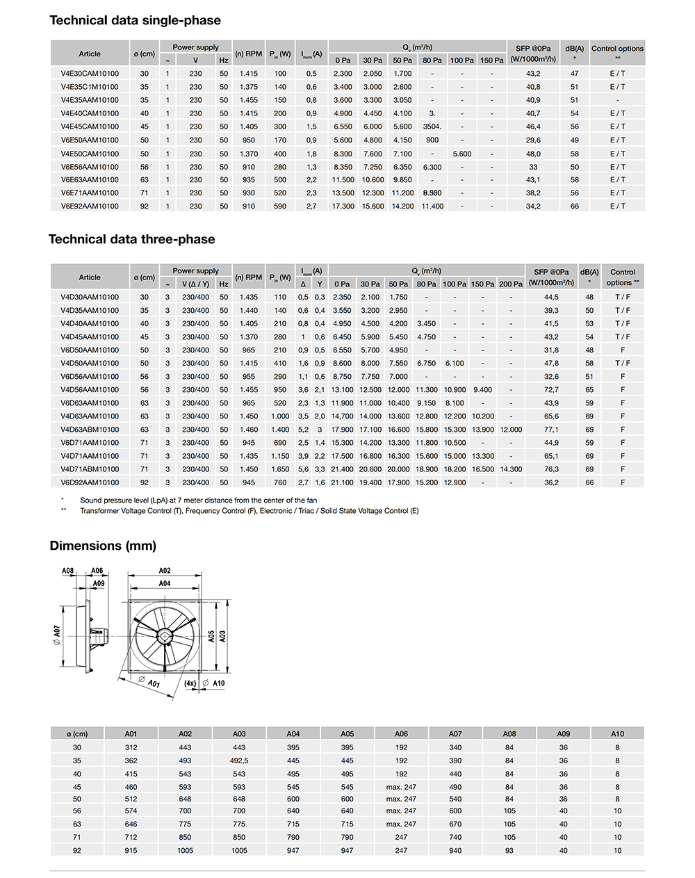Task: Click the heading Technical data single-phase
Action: (135, 21)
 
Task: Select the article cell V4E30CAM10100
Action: (90, 74)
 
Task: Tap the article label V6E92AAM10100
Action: (90, 206)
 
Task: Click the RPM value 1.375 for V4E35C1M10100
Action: (248, 87)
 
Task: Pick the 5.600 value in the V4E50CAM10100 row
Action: (461, 154)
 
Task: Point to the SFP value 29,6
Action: (533, 140)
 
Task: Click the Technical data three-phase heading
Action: (132, 240)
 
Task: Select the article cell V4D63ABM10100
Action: (90, 430)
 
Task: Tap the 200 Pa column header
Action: (510, 284)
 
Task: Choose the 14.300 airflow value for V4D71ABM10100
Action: (511, 469)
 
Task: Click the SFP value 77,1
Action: (551, 430)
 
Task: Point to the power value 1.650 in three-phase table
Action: (280, 469)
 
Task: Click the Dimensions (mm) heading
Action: (103, 546)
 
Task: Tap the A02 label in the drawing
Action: (165, 570)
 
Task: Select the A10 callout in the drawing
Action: (219, 683)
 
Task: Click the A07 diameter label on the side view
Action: (58, 631)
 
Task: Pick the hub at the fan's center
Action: (165, 636)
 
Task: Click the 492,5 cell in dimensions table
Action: (239, 761)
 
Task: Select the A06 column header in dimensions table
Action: (401, 733)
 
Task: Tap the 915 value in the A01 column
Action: (131, 850)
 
